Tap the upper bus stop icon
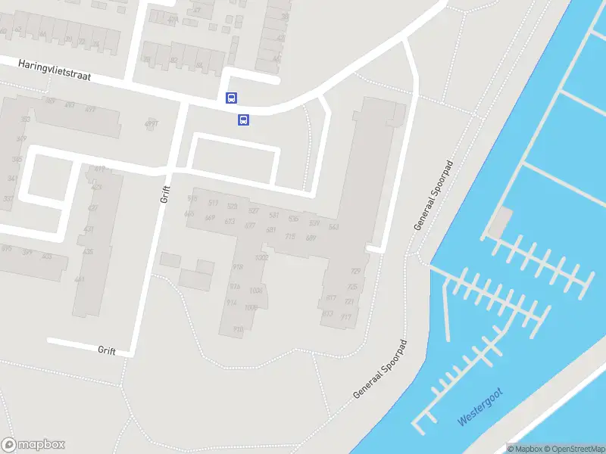[231, 98]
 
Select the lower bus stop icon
[244, 120]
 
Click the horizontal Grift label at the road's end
[107, 350]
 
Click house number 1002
[262, 258]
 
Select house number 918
[237, 267]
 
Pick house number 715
[289, 236]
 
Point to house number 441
[80, 279]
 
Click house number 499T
[151, 123]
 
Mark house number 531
[273, 216]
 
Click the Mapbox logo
[33, 445]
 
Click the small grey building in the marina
[500, 222]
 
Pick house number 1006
[255, 291]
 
